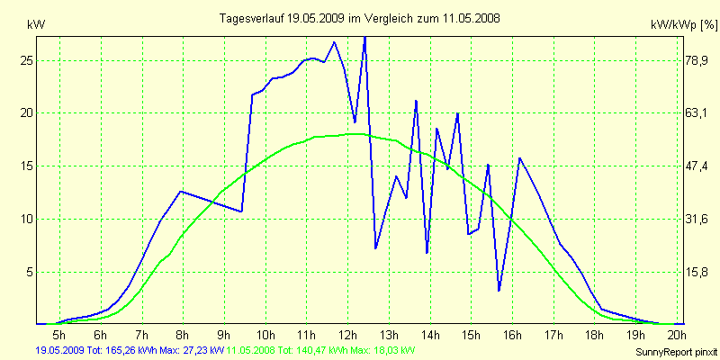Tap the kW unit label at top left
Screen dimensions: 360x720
point(36,24)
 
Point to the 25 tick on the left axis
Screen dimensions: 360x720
point(26,60)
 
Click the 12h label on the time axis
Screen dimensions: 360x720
point(347,336)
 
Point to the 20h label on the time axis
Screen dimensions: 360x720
point(676,336)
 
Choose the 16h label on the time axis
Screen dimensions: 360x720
point(511,336)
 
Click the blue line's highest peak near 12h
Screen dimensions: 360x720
point(364,38)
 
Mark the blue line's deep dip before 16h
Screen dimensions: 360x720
point(499,290)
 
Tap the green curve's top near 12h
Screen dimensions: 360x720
point(357,133)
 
